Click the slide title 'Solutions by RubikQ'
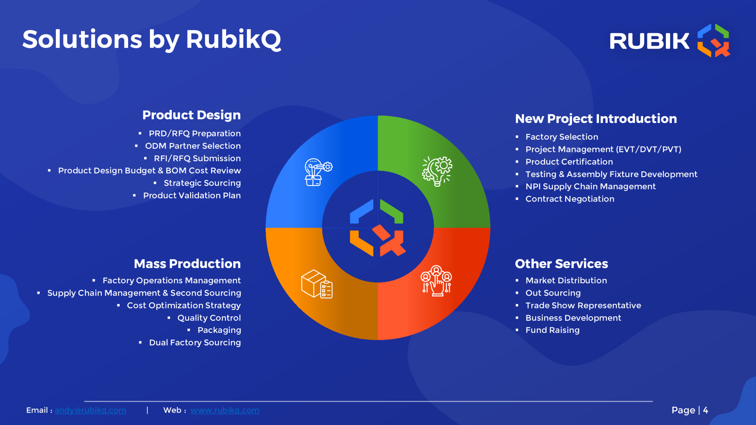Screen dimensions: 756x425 coord(152,40)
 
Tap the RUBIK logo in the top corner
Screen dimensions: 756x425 coord(670,40)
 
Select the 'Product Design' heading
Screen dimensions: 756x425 coord(191,115)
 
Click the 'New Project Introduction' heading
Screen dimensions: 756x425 coord(596,119)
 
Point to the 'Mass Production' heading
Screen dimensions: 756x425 coord(187,264)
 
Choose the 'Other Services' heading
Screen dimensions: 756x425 coord(561,264)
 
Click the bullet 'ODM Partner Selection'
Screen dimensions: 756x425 coord(193,146)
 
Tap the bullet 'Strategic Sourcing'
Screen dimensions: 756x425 coord(202,183)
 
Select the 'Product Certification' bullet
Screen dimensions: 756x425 coord(569,162)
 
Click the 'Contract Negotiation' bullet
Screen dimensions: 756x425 coord(570,199)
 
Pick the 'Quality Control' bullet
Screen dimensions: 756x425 coord(209,318)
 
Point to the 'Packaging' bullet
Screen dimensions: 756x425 coord(219,330)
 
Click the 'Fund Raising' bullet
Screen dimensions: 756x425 coord(553,330)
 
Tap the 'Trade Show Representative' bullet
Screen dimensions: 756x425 coord(583,305)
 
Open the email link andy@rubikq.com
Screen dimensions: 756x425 coord(90,410)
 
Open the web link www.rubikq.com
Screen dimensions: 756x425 coord(225,410)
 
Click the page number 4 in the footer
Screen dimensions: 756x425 coord(706,410)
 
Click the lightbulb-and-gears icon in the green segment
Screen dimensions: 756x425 coord(437,171)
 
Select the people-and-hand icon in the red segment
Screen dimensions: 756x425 coord(436,281)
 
